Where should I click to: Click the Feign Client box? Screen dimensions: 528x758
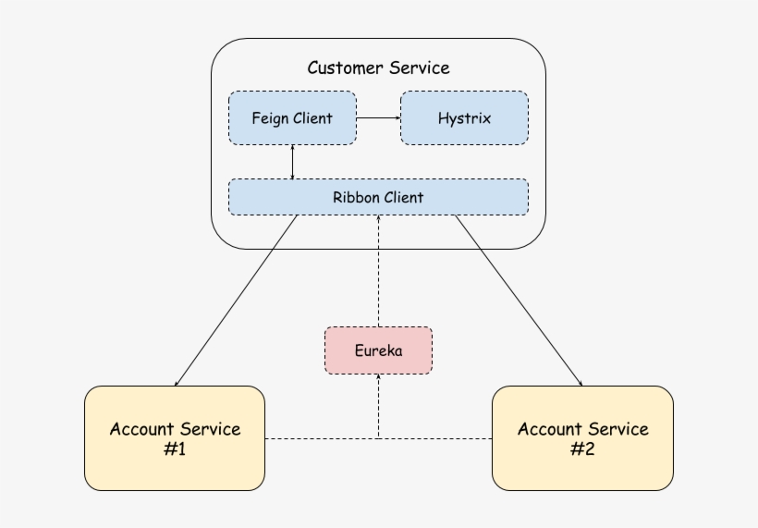[x=291, y=118]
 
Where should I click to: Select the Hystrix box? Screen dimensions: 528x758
[x=464, y=118]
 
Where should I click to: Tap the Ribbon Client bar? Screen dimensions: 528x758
[x=378, y=197]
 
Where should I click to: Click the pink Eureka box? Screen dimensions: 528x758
[x=378, y=350]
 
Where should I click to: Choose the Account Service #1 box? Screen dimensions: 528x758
[x=175, y=438]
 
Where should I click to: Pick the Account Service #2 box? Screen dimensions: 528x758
[x=582, y=438]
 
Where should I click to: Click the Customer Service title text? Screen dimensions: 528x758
[x=378, y=68]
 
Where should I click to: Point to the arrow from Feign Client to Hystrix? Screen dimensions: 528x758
[x=377, y=118]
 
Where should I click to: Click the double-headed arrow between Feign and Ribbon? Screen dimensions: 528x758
[x=292, y=162]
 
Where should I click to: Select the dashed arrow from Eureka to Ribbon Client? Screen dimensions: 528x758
[x=378, y=273]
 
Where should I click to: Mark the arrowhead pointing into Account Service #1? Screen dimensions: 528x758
[x=177, y=383]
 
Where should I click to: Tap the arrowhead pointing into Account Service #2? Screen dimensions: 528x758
[x=581, y=383]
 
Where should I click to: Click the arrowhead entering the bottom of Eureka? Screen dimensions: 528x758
[x=378, y=378]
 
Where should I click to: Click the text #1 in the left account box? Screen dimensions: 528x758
[x=175, y=448]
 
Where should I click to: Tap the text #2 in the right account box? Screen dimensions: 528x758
[x=582, y=448]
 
